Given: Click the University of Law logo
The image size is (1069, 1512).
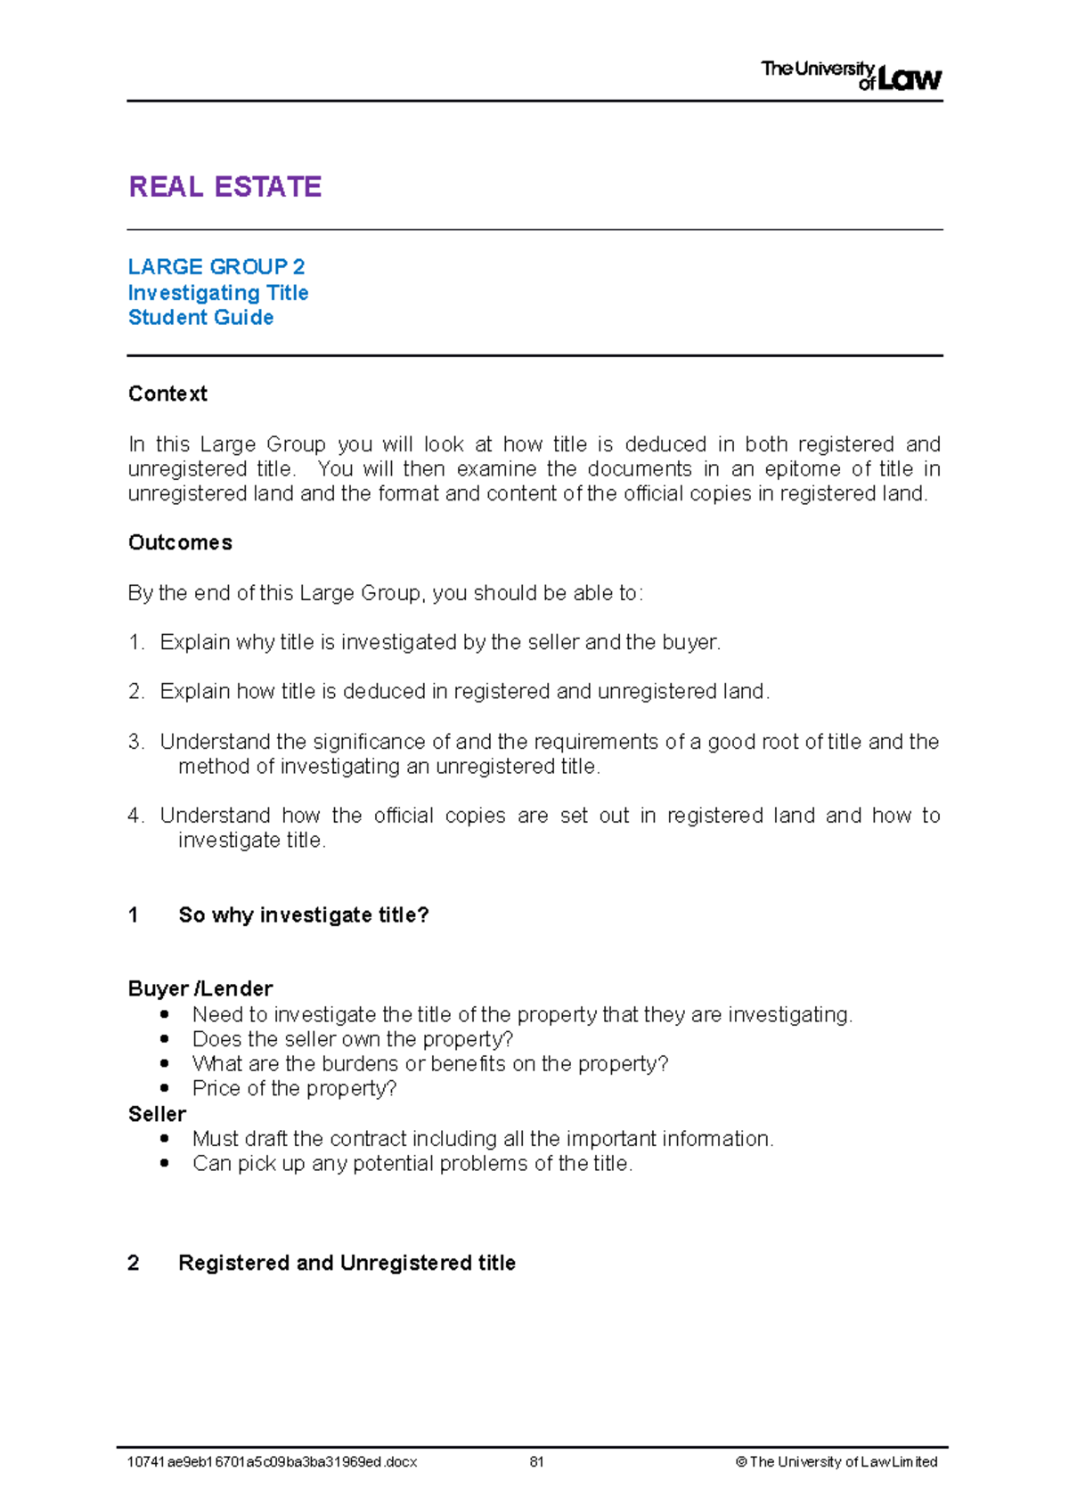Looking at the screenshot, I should click(x=851, y=75).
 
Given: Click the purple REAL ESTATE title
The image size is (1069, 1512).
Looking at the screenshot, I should click(x=224, y=187).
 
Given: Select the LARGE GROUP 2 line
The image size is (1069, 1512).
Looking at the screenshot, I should click(x=216, y=267).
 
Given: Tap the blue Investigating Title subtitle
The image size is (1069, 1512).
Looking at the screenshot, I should click(x=218, y=293).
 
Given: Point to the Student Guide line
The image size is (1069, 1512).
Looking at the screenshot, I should click(x=200, y=318).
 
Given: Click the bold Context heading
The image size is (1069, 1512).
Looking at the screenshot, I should click(x=167, y=394).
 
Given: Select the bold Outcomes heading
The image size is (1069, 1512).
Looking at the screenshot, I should click(x=180, y=543).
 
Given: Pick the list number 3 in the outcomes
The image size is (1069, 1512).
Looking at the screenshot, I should click(x=135, y=742).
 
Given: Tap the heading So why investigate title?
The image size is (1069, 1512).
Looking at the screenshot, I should click(x=303, y=915).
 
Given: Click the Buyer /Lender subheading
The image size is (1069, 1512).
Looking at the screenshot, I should click(x=200, y=988).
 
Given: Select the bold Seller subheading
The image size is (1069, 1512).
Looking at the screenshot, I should click(x=157, y=1114).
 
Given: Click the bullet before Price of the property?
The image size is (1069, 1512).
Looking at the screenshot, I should click(x=164, y=1088).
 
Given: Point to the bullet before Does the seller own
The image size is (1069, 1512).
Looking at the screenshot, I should click(x=164, y=1039).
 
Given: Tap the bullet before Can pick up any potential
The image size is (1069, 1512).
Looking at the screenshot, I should click(x=164, y=1163).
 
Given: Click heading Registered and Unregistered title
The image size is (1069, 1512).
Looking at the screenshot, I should click(x=347, y=1263).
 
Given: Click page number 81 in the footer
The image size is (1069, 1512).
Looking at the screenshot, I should click(x=536, y=1461).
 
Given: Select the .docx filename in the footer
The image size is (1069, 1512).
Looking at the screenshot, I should click(x=272, y=1461).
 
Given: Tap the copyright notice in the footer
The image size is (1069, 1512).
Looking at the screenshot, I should click(x=836, y=1461).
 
